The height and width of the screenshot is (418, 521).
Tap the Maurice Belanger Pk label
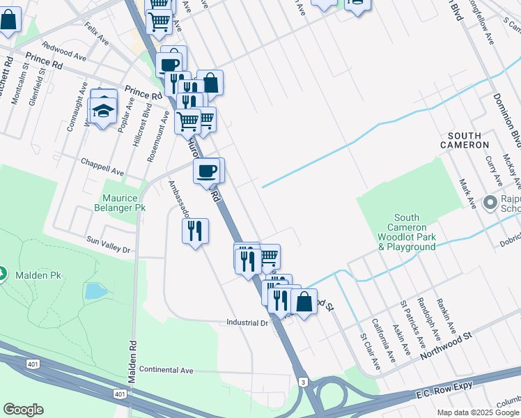pos(120,203)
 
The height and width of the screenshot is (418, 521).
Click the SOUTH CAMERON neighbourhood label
pos(464,139)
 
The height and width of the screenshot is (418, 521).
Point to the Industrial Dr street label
pos(247,323)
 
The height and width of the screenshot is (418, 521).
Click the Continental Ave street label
pos(166,370)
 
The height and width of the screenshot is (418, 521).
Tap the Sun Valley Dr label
pos(108,245)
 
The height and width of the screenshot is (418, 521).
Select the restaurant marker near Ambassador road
pos(195,231)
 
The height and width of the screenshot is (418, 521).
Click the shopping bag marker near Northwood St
pos(304,302)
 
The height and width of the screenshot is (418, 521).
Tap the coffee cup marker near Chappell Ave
pos(206,171)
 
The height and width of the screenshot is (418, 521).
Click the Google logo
pos(23,410)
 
